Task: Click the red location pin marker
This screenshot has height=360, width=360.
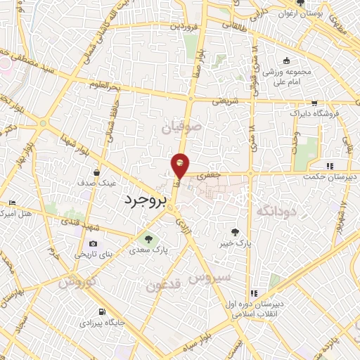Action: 180,165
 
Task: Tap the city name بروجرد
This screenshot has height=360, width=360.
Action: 148,200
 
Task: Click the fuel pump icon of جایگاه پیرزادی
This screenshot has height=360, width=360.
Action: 103,312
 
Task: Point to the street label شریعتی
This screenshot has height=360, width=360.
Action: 227,100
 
